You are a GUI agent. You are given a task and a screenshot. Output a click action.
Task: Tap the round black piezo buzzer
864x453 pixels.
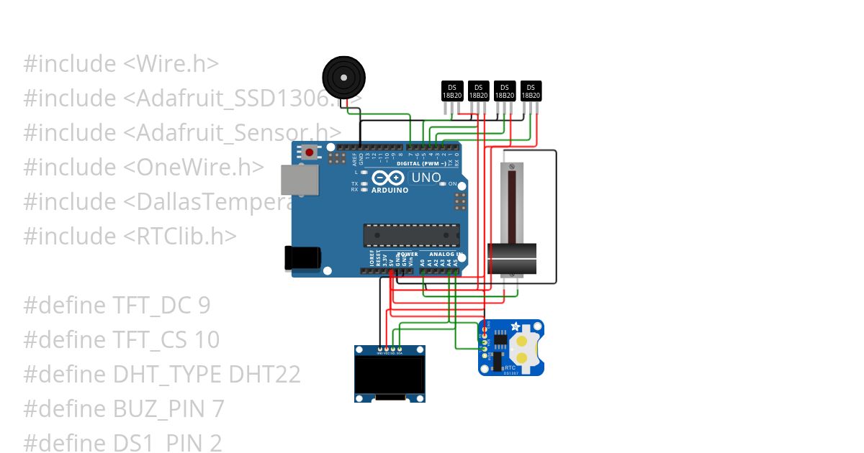click(x=343, y=75)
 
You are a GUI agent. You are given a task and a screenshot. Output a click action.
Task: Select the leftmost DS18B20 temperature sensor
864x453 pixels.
click(x=452, y=91)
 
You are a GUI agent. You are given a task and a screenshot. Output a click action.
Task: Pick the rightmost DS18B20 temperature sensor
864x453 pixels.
click(x=531, y=91)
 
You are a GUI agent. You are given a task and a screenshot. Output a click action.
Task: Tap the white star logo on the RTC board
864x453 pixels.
click(x=516, y=327)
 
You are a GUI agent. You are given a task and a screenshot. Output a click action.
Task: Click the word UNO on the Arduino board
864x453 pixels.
click(x=426, y=178)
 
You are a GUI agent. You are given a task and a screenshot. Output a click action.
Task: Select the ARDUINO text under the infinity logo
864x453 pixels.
click(x=390, y=191)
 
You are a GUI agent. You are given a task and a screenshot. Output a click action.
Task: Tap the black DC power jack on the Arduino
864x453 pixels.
click(x=302, y=259)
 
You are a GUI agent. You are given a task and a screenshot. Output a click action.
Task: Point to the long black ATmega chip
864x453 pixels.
click(x=411, y=235)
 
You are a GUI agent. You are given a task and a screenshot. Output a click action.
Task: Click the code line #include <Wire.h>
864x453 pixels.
click(x=121, y=64)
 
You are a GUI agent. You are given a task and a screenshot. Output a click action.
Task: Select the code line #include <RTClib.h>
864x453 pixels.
click(x=130, y=236)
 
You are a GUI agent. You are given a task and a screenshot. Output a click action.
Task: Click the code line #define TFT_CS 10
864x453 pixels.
click(x=122, y=339)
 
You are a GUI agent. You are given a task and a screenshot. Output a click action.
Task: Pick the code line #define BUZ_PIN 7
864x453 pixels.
click(x=124, y=408)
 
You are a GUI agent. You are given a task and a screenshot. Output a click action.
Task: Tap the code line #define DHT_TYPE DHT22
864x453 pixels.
click(x=162, y=374)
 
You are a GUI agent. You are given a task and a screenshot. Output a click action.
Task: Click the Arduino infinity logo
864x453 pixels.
click(x=390, y=178)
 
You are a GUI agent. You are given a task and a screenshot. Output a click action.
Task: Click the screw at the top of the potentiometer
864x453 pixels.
click(x=511, y=167)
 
